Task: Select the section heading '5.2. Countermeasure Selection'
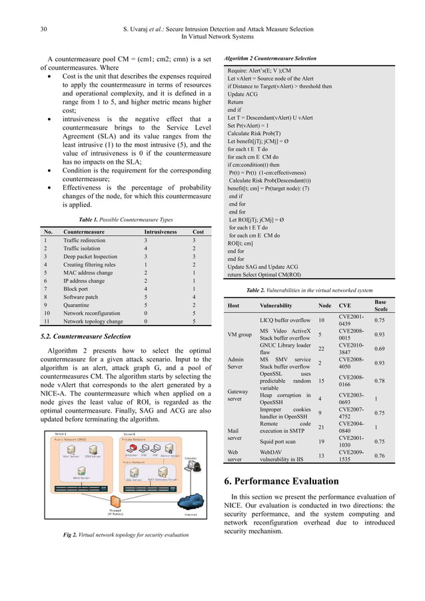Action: click(85, 336)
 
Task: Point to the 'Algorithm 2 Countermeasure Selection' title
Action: click(270, 59)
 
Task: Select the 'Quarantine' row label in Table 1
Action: click(79, 303)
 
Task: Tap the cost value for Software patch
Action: click(194, 296)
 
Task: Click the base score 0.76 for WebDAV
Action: click(380, 455)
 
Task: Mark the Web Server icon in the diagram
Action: click(81, 476)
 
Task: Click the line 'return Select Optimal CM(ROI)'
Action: click(264, 273)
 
